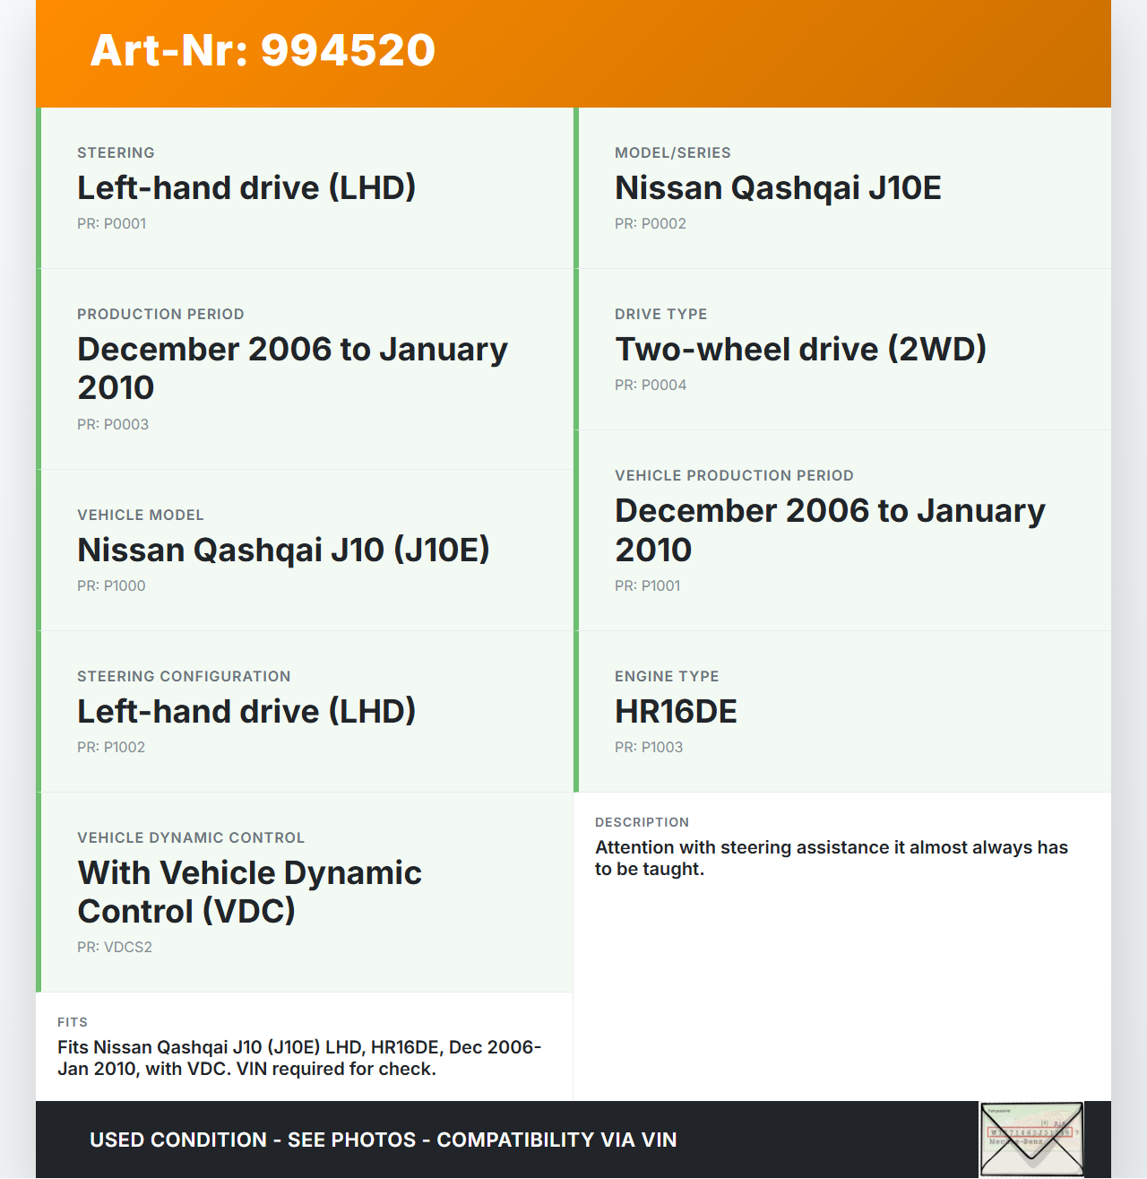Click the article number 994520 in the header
click(x=348, y=50)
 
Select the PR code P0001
click(x=111, y=224)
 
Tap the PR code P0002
click(x=650, y=224)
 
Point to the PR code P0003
click(x=113, y=425)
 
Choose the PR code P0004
click(x=650, y=386)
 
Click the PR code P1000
click(x=111, y=586)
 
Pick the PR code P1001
click(x=647, y=586)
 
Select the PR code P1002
click(x=111, y=748)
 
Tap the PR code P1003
click(x=649, y=748)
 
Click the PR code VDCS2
click(x=115, y=948)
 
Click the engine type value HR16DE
click(x=676, y=712)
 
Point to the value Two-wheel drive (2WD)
click(x=800, y=350)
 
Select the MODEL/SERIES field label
click(x=673, y=153)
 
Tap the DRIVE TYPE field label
click(x=661, y=315)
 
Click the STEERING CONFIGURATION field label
click(x=184, y=677)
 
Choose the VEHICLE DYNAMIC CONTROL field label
click(x=191, y=838)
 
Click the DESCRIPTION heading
click(x=642, y=823)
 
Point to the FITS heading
click(x=73, y=1023)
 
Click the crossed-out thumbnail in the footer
click(x=1031, y=1139)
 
